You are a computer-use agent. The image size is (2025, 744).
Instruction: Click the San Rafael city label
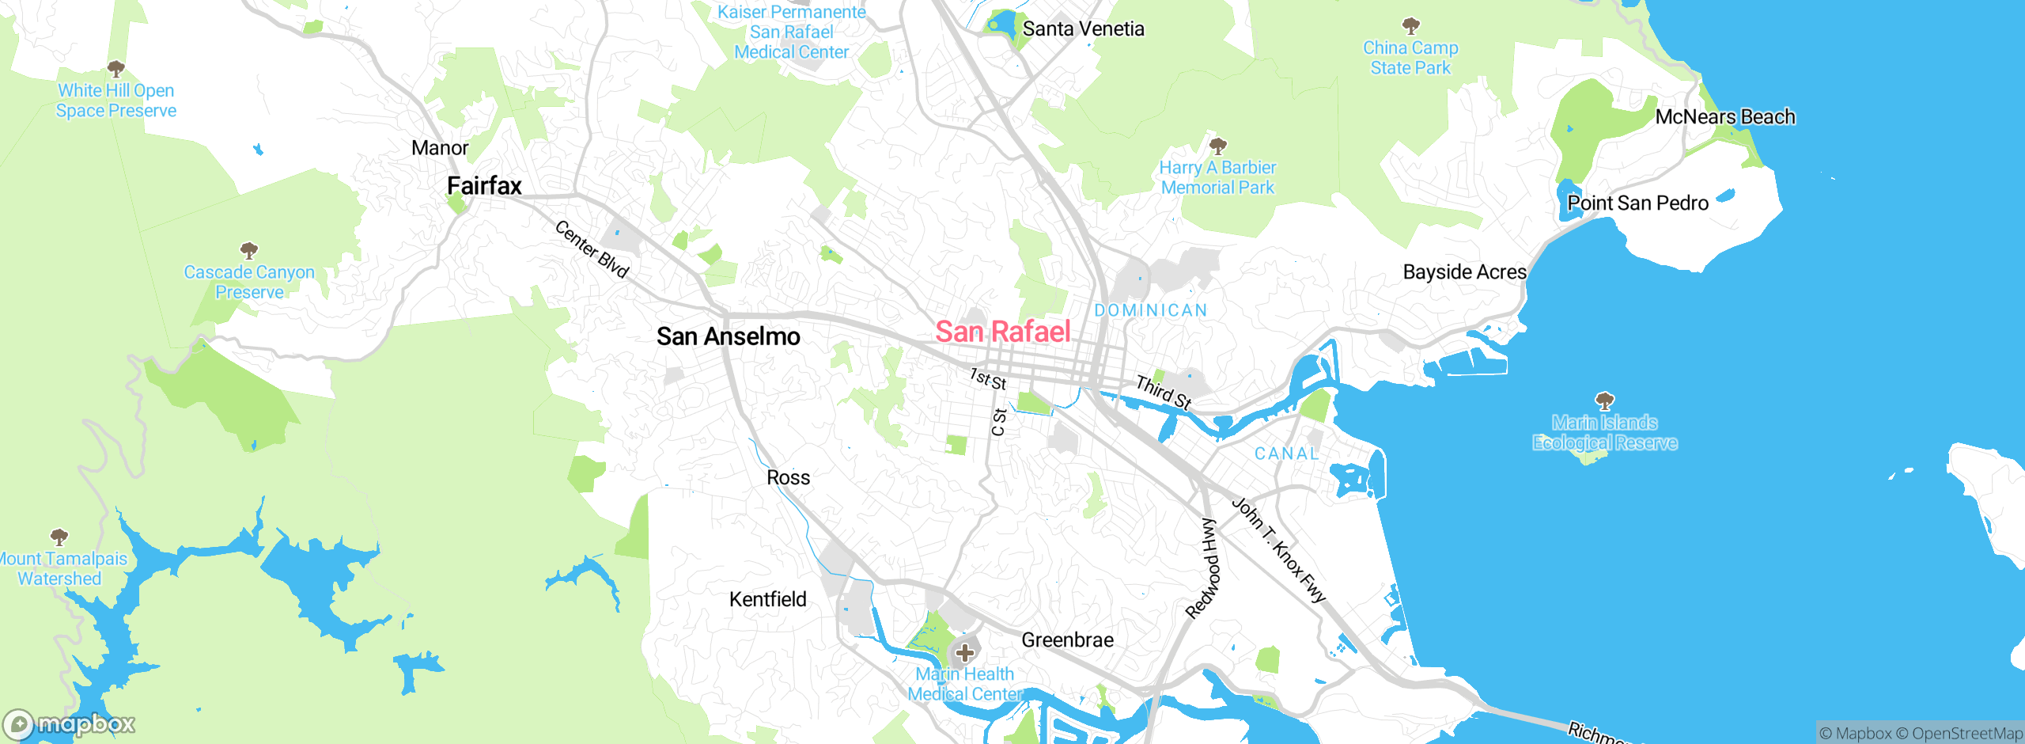tap(1002, 332)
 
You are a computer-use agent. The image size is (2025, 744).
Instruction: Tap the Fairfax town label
tap(484, 186)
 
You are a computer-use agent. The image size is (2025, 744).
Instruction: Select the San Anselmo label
tap(728, 336)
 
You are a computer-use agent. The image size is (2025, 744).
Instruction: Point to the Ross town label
tap(788, 477)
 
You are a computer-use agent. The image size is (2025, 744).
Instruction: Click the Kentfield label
tap(767, 599)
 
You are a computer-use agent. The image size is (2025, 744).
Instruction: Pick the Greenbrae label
tap(1067, 640)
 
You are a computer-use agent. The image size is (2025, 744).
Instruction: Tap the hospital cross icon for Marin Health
tap(964, 653)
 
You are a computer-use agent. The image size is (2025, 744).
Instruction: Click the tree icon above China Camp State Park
tap(1410, 25)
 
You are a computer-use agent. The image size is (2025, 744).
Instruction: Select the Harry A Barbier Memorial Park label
tap(1217, 177)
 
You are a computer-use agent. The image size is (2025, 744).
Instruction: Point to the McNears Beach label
tap(1724, 117)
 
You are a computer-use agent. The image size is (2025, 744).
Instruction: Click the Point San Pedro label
tap(1637, 203)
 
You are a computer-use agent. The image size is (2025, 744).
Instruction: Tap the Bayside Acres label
tap(1464, 272)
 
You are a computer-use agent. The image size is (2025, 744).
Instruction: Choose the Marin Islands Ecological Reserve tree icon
tap(1604, 400)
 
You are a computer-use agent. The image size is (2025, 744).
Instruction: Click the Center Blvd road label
tap(592, 249)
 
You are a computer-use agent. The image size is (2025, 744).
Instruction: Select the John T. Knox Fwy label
tap(1278, 550)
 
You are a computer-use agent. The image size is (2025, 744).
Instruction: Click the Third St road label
tap(1164, 392)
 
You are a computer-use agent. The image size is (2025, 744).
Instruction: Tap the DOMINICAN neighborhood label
tap(1151, 310)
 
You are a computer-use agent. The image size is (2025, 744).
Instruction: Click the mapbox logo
tap(70, 724)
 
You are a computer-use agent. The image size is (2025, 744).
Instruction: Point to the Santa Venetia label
tap(1083, 29)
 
